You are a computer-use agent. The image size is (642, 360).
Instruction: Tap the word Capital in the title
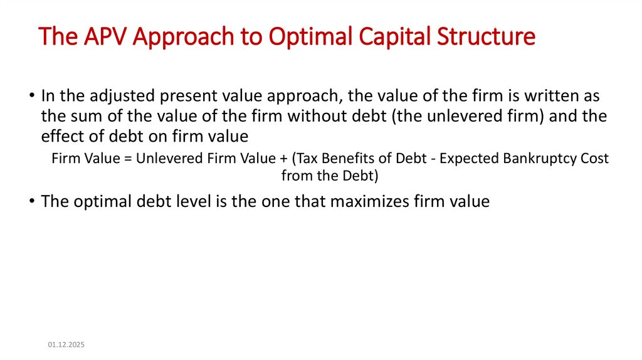coord(393,36)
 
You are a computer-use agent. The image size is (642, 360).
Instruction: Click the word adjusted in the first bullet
coord(116,97)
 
